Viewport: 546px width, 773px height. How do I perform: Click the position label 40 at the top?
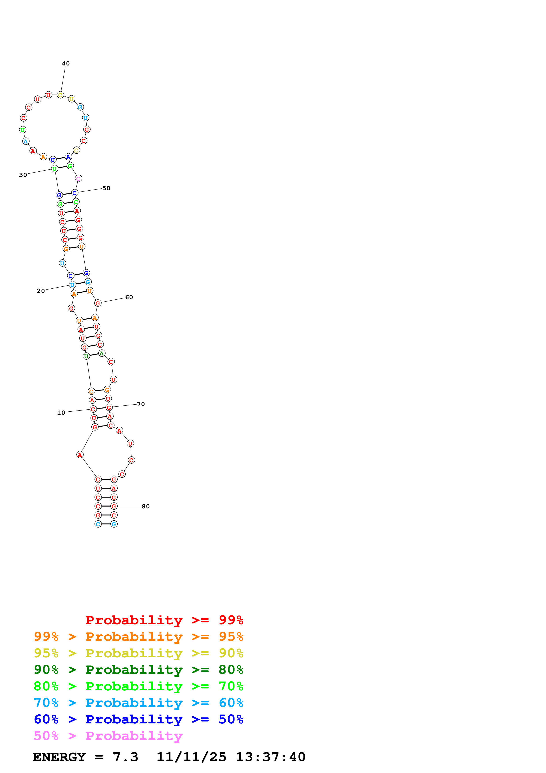click(x=66, y=63)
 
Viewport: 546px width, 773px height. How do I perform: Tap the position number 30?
click(x=23, y=175)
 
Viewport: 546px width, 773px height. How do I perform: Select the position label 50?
click(x=106, y=188)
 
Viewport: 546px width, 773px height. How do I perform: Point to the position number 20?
click(x=41, y=291)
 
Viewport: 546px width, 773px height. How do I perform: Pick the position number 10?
click(x=61, y=413)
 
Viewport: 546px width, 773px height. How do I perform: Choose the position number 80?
click(x=145, y=506)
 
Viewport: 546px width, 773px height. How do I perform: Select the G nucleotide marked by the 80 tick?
click(x=114, y=506)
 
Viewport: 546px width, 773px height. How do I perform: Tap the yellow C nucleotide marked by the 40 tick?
click(x=60, y=95)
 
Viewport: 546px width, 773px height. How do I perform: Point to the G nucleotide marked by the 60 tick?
click(x=98, y=303)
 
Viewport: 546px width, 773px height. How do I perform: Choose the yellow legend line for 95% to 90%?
click(x=138, y=653)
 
